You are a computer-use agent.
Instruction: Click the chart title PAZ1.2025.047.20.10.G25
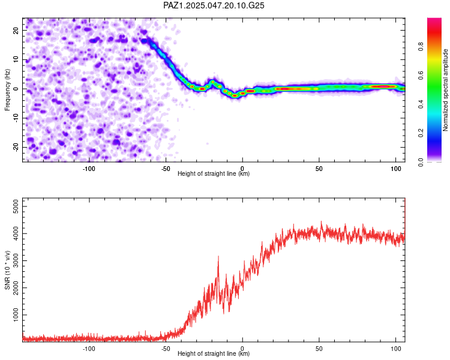click(x=214, y=5)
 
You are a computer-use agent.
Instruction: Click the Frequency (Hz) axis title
click(x=7, y=90)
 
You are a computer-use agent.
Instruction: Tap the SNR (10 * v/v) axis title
click(x=7, y=270)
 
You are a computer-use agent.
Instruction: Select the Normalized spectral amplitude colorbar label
click(x=445, y=90)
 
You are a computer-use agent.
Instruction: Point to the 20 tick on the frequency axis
click(x=16, y=31)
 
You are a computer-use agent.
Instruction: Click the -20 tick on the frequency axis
click(x=16, y=147)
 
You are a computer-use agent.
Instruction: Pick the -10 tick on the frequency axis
click(x=16, y=118)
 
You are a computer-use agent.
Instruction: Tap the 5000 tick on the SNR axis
click(x=16, y=206)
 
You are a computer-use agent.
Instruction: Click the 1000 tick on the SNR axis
click(x=16, y=315)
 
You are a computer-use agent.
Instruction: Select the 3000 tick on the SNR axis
click(x=16, y=260)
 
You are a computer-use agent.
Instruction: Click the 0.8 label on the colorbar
click(x=421, y=46)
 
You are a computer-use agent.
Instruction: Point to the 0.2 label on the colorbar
click(x=421, y=133)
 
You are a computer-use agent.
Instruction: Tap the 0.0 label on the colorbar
click(x=421, y=162)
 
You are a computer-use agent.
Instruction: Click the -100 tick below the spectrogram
click(x=89, y=169)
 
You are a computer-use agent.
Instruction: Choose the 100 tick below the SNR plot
click(x=396, y=349)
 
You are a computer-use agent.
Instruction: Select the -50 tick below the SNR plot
click(x=166, y=349)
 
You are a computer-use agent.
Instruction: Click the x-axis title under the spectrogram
click(x=214, y=173)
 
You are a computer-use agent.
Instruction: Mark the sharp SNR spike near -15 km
click(x=218, y=256)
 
